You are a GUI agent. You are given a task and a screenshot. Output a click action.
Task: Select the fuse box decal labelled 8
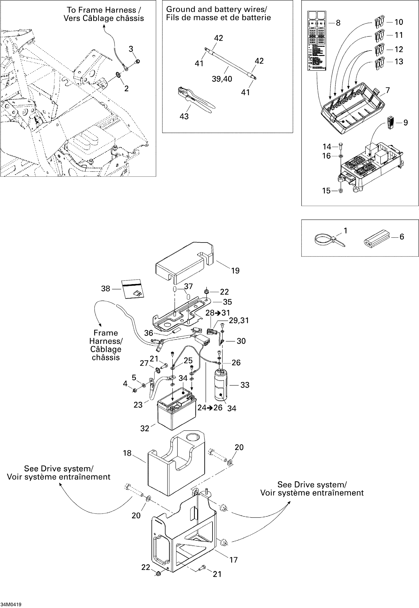[x=317, y=41]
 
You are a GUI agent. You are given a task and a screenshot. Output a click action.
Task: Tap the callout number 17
[x=233, y=560]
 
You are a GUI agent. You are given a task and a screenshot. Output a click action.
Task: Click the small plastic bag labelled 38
[x=132, y=289]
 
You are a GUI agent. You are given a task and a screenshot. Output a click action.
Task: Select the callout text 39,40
[x=222, y=79]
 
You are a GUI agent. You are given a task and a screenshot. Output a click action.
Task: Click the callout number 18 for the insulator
[x=127, y=453]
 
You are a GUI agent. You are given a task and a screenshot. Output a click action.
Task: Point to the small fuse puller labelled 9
[x=390, y=122]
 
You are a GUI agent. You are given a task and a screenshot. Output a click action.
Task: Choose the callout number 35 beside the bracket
[x=227, y=302]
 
